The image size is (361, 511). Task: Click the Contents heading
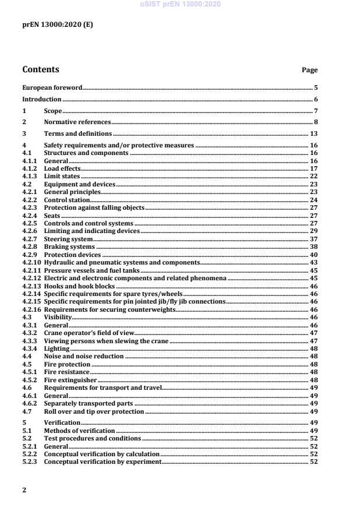tap(41, 70)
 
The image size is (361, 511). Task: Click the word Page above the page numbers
tap(309, 71)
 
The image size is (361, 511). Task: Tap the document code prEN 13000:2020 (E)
tap(57, 24)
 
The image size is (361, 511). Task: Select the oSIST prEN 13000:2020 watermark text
tap(180, 4)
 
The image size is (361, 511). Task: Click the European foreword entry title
tap(52, 87)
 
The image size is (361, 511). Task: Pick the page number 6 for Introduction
tap(315, 100)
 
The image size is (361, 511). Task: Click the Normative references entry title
tap(77, 122)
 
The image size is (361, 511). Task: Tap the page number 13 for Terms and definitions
tap(313, 133)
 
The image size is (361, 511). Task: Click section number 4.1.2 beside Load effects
tap(29, 168)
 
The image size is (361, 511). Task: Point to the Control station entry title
tap(67, 199)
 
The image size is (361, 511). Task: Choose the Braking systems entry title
tap(69, 246)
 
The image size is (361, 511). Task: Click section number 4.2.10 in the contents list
tap(31, 262)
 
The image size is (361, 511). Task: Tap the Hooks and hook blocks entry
tap(79, 286)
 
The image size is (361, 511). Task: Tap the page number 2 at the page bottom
tap(24, 490)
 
